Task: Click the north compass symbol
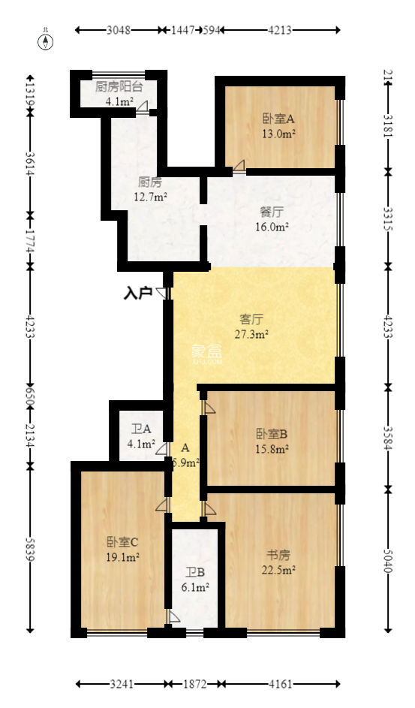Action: pyautogui.click(x=47, y=41)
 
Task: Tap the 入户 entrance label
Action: pyautogui.click(x=138, y=293)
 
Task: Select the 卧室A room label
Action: pyautogui.click(x=278, y=119)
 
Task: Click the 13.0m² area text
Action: pyautogui.click(x=278, y=134)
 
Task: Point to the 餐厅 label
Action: pyautogui.click(x=272, y=211)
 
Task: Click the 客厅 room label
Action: pyautogui.click(x=251, y=318)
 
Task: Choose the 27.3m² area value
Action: pyautogui.click(x=251, y=334)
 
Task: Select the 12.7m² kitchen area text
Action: pyautogui.click(x=149, y=197)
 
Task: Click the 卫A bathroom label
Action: pyautogui.click(x=141, y=429)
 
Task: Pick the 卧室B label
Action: pyautogui.click(x=272, y=434)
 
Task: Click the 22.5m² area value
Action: pyautogui.click(x=278, y=571)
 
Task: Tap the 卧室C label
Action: pyautogui.click(x=122, y=541)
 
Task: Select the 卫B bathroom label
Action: pyautogui.click(x=194, y=573)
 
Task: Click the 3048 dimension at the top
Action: pyautogui.click(x=119, y=31)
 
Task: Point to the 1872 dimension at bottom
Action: pyautogui.click(x=195, y=684)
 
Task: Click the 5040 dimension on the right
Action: pyautogui.click(x=388, y=559)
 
